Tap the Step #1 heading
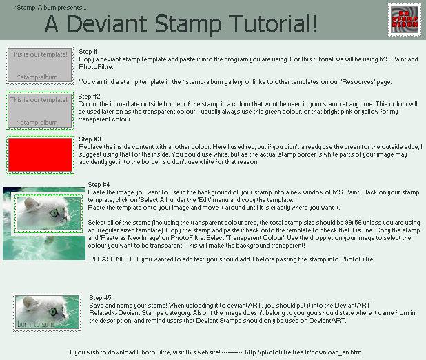[90, 52]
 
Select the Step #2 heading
[90, 96]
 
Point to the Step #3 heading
[90, 139]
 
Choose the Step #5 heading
[100, 297]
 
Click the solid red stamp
[40, 153]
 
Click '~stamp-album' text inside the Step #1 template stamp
[37, 77]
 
